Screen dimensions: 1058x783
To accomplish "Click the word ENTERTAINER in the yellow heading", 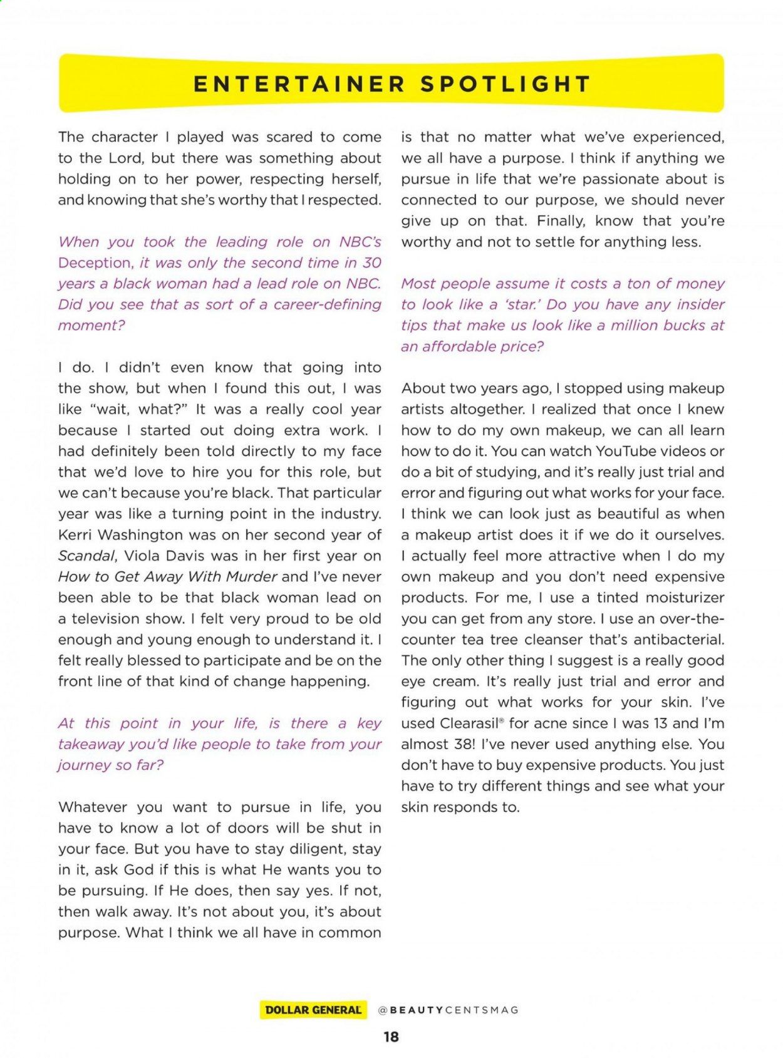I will [x=299, y=84].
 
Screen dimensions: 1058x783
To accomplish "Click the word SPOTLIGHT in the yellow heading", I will [x=506, y=84].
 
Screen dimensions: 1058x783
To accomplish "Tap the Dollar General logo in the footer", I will [x=313, y=1010].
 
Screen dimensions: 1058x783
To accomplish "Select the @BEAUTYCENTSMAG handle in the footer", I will [x=448, y=1010].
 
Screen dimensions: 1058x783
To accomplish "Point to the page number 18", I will [x=391, y=1037].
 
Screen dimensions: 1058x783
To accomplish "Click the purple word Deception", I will [x=95, y=263].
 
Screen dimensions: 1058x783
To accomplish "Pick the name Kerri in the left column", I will [x=75, y=535].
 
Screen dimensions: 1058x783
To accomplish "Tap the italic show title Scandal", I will [x=86, y=556].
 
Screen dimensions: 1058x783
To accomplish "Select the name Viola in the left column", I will [x=143, y=556].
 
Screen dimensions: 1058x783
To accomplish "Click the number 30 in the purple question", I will [x=371, y=263].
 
